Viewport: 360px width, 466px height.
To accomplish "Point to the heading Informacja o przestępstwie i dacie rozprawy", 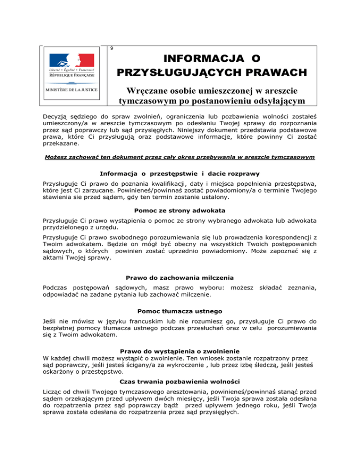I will click(x=180, y=166).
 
